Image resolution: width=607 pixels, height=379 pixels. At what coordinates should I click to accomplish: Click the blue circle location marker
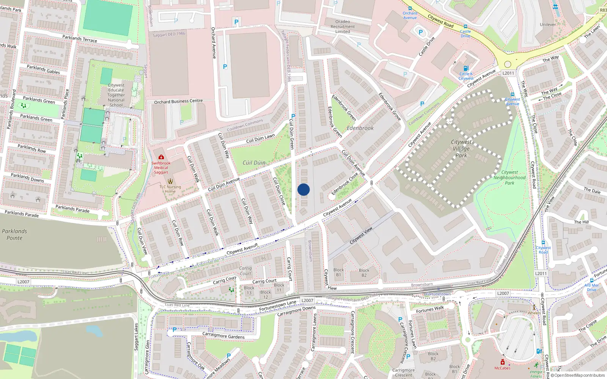coord(303,189)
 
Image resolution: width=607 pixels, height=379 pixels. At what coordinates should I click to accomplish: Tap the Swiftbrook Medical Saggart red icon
coord(161,157)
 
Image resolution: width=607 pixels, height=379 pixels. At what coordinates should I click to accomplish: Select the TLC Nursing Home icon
coord(170,181)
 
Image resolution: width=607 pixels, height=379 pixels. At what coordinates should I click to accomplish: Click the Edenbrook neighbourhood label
coord(360,128)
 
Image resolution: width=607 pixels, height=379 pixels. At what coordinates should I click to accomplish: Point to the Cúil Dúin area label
coord(254,163)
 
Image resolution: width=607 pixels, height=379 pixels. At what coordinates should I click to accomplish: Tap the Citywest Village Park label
coord(461,148)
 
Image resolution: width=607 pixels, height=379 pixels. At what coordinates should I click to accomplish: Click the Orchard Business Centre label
coord(178,102)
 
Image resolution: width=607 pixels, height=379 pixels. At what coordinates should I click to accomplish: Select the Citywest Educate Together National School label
coord(116,95)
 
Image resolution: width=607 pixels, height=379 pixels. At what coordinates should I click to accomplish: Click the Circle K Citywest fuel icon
coord(466,69)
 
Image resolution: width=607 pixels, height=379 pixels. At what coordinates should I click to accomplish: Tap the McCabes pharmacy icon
coord(503,362)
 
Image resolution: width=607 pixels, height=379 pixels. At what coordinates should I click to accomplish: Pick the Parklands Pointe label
coord(14,235)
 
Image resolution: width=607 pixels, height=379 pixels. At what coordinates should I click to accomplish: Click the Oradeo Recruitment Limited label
coord(343,27)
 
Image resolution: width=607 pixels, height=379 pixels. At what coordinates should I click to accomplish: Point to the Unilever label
coord(548,25)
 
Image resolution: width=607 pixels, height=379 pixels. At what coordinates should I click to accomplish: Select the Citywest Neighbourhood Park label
coord(510,177)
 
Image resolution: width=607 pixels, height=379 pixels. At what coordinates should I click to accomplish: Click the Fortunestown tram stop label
coord(438,294)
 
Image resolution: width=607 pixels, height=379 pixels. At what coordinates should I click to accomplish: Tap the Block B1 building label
coord(339,273)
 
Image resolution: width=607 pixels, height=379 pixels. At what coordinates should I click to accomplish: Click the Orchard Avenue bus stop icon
coord(410,8)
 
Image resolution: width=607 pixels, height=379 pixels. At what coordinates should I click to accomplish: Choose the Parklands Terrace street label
coord(80,39)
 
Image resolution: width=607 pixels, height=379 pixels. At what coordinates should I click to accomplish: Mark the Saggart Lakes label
coord(136,337)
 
